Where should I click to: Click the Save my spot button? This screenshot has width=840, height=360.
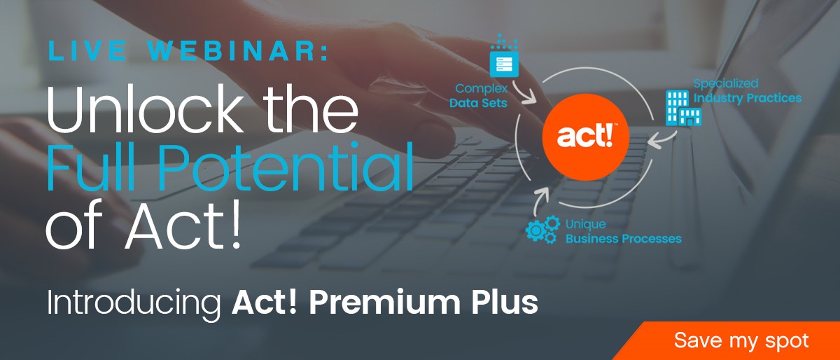[735, 341]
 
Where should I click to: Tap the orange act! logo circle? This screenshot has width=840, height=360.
[585, 137]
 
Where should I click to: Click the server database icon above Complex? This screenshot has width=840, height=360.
[504, 55]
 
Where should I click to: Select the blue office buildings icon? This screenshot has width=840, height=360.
[683, 108]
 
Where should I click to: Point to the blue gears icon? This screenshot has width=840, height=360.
[542, 230]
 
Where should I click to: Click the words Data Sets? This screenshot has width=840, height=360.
[478, 103]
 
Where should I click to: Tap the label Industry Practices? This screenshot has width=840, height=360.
[748, 98]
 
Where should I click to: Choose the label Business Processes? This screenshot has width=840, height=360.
[623, 239]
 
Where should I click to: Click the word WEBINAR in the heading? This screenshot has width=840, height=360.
[238, 50]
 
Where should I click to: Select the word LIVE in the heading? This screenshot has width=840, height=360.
[87, 50]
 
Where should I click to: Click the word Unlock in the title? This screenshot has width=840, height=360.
[145, 109]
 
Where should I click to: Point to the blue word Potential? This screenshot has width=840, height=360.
[286, 168]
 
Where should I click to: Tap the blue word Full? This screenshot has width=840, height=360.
[91, 167]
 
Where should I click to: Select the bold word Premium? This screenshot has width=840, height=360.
[384, 302]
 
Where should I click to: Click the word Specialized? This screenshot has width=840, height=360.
[726, 83]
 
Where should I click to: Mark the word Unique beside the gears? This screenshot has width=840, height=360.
[585, 224]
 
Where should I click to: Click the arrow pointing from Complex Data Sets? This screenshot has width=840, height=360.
[524, 92]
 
